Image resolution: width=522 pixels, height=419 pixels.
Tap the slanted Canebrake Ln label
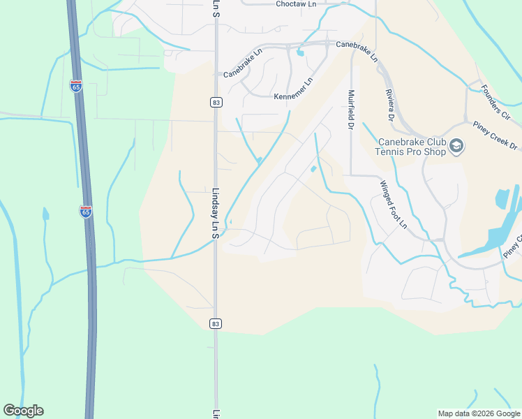pos(242,63)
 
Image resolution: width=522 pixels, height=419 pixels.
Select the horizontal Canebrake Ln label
pos(356,44)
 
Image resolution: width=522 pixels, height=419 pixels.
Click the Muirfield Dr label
pos(351,110)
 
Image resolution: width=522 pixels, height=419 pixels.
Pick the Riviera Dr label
pos(389,103)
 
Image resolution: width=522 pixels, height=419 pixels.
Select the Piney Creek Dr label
pos(494,136)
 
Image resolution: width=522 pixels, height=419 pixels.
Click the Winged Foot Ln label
pos(393,205)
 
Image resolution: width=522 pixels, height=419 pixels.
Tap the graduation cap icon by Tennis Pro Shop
pos(456,145)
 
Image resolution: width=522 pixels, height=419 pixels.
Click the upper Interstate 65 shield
pos(75,87)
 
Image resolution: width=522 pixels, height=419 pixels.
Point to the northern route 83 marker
pos(216,103)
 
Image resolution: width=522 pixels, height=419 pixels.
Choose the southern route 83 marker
pos(216,323)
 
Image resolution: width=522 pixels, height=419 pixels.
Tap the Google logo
pos(23,411)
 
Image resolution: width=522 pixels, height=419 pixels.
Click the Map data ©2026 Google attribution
pos(479,413)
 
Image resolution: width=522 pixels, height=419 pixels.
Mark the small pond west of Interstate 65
pos(46,214)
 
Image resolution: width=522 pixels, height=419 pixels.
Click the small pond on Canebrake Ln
pos(299,52)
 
